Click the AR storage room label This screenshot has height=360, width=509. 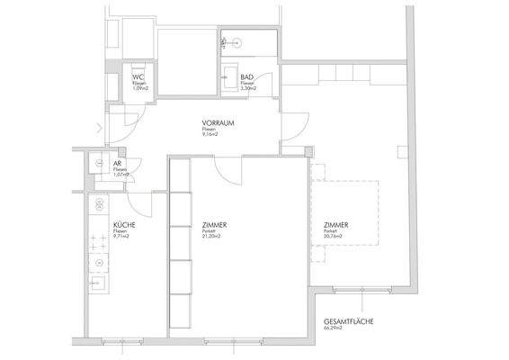coord(118,164)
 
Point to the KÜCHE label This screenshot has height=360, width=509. coord(125,224)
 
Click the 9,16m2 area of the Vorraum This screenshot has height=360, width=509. coord(213,136)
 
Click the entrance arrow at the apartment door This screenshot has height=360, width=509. coord(98,125)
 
